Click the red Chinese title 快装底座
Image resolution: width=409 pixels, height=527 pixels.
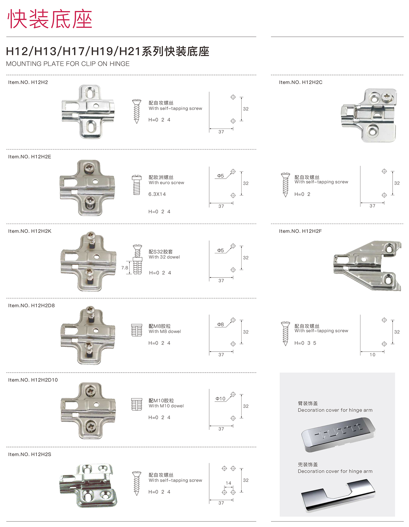pyautogui.click(x=50, y=19)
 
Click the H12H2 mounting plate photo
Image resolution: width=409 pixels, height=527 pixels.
pyautogui.click(x=88, y=112)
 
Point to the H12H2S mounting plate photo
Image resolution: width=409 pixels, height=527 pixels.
pyautogui.click(x=88, y=485)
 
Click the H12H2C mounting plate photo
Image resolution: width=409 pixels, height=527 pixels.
pyautogui.click(x=369, y=115)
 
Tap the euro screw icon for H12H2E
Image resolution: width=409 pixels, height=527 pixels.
pyautogui.click(x=137, y=185)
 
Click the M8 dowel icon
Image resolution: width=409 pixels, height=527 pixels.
pyautogui.click(x=137, y=330)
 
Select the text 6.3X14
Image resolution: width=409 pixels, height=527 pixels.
pyautogui.click(x=157, y=194)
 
